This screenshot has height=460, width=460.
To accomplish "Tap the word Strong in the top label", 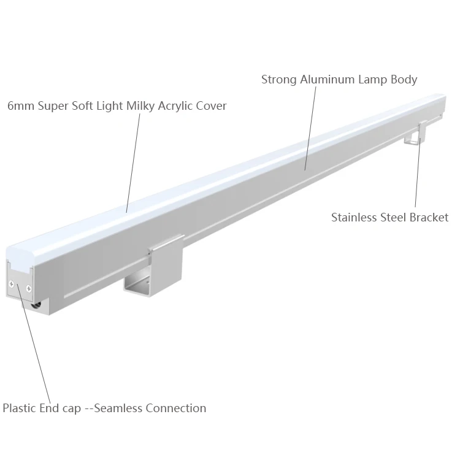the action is [x=278, y=80].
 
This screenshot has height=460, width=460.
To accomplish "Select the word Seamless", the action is [x=118, y=408].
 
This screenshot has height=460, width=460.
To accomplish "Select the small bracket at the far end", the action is [x=415, y=134].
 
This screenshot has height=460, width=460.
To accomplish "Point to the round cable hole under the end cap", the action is [x=37, y=303].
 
